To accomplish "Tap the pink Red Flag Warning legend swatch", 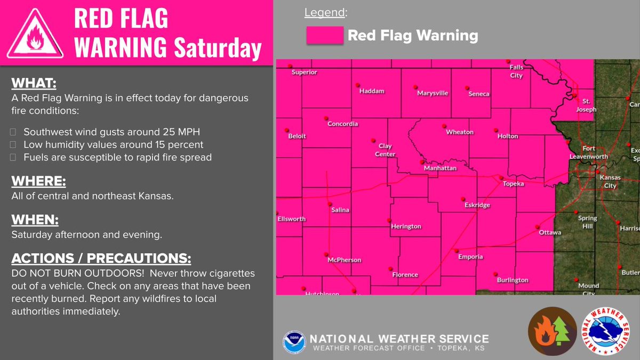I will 324,36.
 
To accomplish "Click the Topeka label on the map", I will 514,184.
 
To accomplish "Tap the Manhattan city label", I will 440,168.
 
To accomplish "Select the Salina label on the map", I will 340,210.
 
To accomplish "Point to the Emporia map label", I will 470,257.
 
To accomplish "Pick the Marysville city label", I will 433,93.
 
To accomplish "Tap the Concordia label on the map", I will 342,124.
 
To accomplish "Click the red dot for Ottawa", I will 537,228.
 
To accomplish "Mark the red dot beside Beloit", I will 286,130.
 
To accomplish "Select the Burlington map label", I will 512,280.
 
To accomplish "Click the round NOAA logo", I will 294,342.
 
